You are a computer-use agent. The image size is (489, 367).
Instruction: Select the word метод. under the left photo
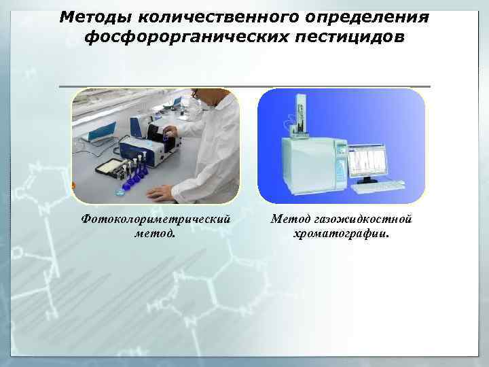pyautogui.click(x=156, y=234)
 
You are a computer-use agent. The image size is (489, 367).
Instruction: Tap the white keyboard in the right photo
pyautogui.click(x=380, y=185)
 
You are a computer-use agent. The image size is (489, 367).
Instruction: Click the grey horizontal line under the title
pyautogui.click(x=244, y=86)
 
